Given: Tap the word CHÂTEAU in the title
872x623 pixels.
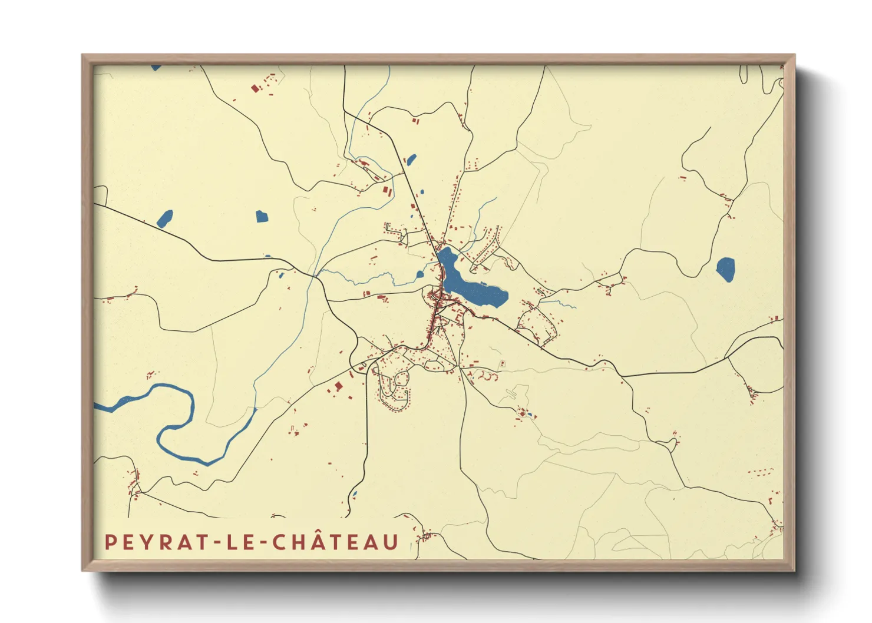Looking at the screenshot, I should coord(336,542).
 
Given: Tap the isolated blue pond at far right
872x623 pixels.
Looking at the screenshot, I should coord(725,269).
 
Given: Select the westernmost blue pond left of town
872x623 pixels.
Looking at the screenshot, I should coord(165,219).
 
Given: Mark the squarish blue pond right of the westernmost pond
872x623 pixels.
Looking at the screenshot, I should coord(262,216).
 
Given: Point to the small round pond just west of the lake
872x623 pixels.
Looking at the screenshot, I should coord(420,274).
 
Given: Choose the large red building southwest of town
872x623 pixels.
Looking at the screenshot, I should coord(338,386).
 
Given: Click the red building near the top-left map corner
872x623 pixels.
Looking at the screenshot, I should coord(255,88).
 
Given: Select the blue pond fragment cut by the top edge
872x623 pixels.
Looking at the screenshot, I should coord(156,68).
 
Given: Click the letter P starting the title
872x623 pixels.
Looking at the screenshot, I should coord(110,542).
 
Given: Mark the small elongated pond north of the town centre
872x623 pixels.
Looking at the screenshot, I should coord(411,159).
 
